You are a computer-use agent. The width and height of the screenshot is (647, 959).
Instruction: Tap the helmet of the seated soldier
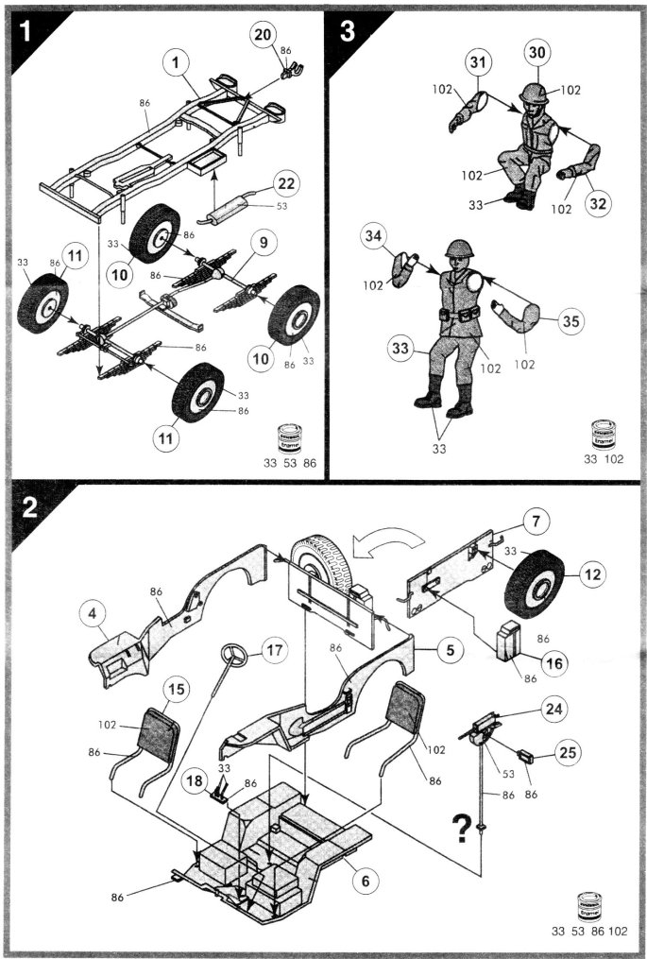pos(533,94)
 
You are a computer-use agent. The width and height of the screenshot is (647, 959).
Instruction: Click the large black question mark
pos(463,827)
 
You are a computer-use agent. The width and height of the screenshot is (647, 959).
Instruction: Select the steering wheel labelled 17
pos(230,658)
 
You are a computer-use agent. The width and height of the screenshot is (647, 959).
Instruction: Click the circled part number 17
pos(273,651)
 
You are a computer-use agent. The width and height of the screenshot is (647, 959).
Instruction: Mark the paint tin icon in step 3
pos(604,434)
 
